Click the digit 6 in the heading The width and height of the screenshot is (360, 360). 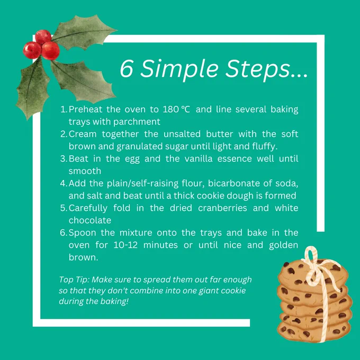click(x=127, y=69)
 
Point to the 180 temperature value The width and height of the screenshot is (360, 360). click(x=171, y=110)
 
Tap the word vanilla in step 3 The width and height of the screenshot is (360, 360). click(x=199, y=159)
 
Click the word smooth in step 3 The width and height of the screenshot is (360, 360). click(x=85, y=171)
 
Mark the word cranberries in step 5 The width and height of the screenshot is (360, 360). click(x=222, y=208)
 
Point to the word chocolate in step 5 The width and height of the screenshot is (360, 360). click(x=90, y=220)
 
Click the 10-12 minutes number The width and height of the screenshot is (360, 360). click(x=125, y=245)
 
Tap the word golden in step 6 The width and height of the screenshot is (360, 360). click(x=284, y=246)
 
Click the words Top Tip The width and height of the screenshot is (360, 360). click(x=74, y=280)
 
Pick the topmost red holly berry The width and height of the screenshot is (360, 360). click(x=43, y=37)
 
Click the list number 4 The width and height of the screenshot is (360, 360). click(x=64, y=184)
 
